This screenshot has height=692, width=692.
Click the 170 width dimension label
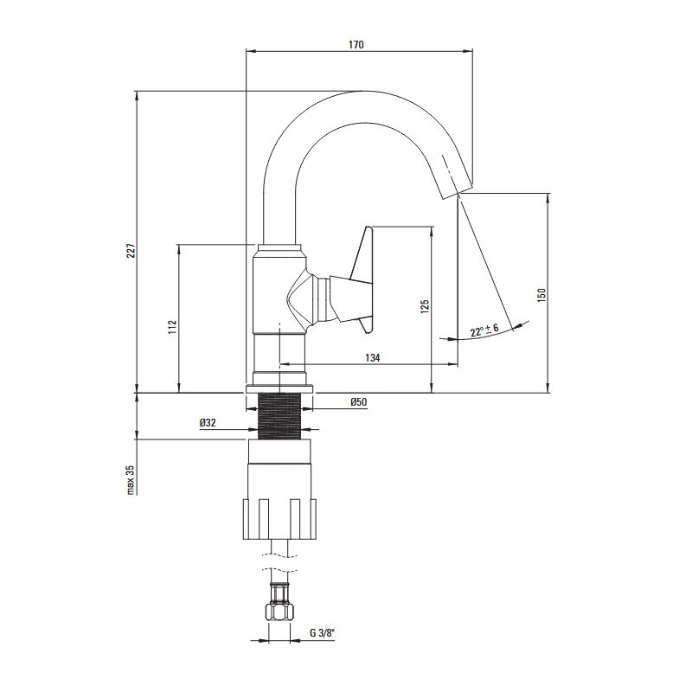click(356, 45)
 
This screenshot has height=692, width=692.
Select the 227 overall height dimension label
click(131, 251)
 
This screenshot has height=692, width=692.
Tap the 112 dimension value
click(172, 327)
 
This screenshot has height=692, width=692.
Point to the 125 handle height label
click(425, 306)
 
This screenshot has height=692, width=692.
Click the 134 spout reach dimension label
click(373, 357)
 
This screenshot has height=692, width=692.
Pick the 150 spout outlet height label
click(541, 295)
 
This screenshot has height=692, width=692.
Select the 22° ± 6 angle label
click(484, 330)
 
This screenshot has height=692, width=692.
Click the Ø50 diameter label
click(358, 401)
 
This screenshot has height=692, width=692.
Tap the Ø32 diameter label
click(208, 422)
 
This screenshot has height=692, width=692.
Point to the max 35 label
click(131, 479)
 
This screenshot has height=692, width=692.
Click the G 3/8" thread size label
click(322, 633)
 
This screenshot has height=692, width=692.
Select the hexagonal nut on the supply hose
click(279, 612)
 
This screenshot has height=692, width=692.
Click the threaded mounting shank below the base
click(279, 416)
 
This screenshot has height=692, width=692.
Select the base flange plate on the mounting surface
click(279, 388)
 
